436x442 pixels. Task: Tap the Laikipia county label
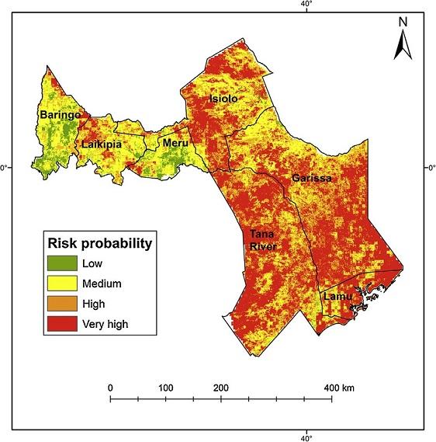99,144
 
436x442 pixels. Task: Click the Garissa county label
312,179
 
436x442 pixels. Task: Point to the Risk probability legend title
99,242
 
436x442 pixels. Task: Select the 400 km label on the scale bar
338,387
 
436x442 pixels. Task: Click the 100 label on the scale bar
165,387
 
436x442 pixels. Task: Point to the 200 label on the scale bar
220,387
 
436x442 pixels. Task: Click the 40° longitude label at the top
306,5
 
